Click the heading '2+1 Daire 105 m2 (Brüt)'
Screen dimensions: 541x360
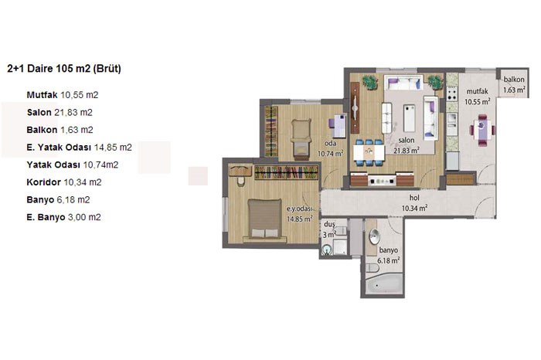(64, 69)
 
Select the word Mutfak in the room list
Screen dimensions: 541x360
(42, 95)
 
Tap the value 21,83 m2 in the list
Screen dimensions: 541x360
(73, 113)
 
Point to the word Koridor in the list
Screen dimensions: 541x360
(43, 182)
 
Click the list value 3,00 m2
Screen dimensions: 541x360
(84, 217)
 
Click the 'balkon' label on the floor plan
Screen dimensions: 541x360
(514, 80)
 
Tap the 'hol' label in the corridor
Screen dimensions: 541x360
(414, 198)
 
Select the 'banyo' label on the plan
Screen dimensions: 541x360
(389, 250)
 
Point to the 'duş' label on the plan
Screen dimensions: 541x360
(329, 225)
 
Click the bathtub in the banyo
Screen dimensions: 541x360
(384, 284)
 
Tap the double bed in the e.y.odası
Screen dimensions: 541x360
(264, 221)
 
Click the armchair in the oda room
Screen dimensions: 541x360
(301, 138)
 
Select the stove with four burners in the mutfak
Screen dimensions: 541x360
(451, 93)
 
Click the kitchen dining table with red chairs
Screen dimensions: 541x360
(482, 130)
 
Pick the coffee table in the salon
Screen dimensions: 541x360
(410, 118)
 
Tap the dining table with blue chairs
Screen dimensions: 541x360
(369, 152)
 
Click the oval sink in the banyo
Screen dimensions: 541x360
(374, 237)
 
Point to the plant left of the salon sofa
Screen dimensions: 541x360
(370, 82)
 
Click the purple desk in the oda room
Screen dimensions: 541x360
(338, 125)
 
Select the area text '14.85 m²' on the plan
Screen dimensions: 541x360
(300, 219)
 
